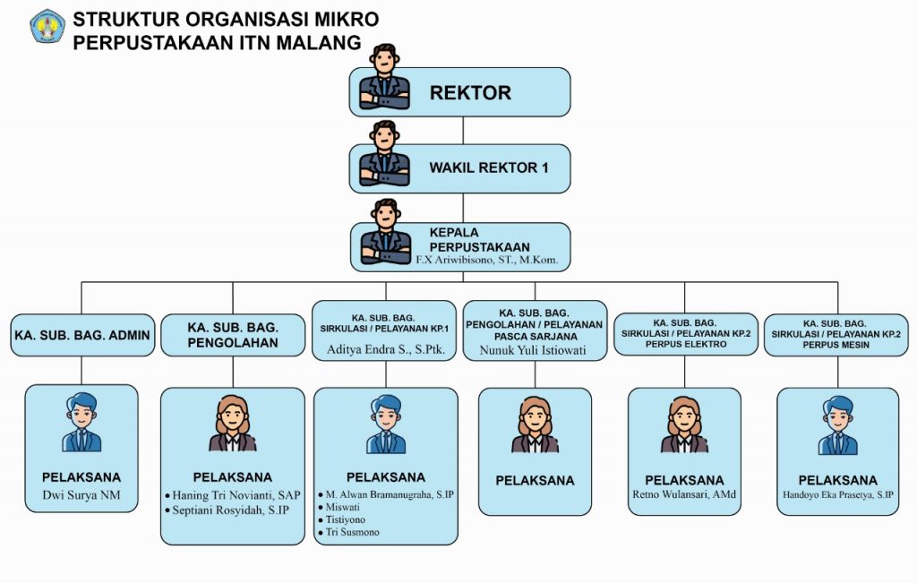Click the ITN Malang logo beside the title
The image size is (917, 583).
point(47,26)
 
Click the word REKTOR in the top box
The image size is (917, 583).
point(470,92)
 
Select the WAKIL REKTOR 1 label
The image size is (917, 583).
point(489,167)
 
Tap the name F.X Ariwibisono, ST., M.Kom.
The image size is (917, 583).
point(486,260)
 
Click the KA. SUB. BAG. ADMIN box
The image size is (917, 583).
point(82,335)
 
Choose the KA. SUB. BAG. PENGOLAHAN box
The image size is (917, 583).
point(233,335)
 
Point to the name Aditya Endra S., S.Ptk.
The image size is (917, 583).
point(385,349)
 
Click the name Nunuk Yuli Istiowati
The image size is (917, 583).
point(533,350)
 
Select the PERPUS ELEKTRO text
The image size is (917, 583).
point(685,344)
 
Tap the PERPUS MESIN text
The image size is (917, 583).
point(836,345)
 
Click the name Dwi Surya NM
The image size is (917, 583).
point(81,494)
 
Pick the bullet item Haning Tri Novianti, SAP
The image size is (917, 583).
point(233,495)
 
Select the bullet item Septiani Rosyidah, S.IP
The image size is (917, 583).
point(227,510)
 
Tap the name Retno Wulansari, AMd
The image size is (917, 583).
point(684,494)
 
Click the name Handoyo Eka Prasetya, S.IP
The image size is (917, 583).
point(838,494)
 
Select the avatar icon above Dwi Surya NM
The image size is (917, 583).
point(81,422)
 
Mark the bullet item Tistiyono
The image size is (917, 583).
point(342,519)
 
